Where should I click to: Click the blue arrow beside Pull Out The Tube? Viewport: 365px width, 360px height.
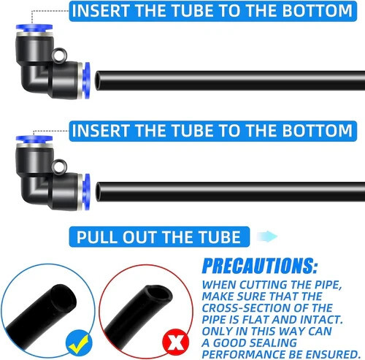point(267,237)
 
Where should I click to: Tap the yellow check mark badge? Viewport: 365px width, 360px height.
point(79,342)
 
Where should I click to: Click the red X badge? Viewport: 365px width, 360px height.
point(176,342)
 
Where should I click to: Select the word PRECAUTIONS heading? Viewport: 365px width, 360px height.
point(260,266)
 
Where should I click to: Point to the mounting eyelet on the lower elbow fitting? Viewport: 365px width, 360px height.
point(59,166)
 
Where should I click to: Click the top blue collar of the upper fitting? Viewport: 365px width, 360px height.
point(34,28)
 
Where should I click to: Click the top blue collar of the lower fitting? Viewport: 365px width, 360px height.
point(34,139)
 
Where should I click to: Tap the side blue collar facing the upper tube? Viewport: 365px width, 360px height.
point(86,80)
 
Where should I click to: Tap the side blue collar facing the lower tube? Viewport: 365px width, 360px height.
point(86,191)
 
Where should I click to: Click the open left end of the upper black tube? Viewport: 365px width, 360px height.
point(98,80)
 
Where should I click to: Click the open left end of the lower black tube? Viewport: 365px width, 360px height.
point(99,191)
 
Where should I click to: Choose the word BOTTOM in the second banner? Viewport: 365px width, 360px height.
point(317,131)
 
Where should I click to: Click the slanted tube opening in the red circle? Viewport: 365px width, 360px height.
point(158,294)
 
